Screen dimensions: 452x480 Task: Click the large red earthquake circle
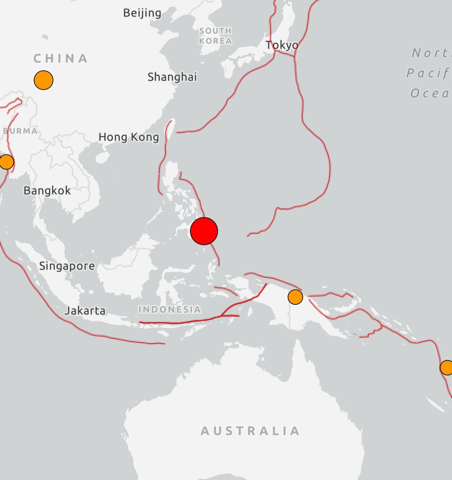pos(204,231)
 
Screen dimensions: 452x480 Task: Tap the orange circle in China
pos(44,80)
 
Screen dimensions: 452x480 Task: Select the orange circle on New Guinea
pos(295,297)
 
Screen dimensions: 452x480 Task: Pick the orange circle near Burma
pos(6,162)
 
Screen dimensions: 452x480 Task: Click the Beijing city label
pos(142,13)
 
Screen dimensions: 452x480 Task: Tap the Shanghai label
pos(172,77)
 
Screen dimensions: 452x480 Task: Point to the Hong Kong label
pos(129,137)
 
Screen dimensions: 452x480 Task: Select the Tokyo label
pos(282,45)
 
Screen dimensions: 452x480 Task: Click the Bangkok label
pos(47,190)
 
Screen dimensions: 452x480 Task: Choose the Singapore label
pos(67,266)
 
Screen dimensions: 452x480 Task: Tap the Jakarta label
pos(85,310)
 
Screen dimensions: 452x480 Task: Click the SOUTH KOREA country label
pos(215,36)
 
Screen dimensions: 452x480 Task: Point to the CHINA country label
pos(60,58)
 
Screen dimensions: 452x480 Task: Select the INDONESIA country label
pos(170,309)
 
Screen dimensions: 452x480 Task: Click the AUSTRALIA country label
pos(250,431)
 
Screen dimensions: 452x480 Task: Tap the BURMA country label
pos(20,131)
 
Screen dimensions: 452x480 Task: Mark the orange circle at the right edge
pos(446,367)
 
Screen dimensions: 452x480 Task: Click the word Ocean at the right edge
pos(430,94)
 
